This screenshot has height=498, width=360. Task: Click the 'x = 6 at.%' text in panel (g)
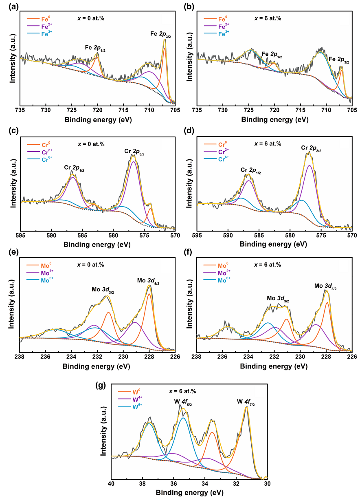pyautogui.click(x=182, y=391)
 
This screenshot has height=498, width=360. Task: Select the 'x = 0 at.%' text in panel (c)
pyautogui.click(x=90, y=144)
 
